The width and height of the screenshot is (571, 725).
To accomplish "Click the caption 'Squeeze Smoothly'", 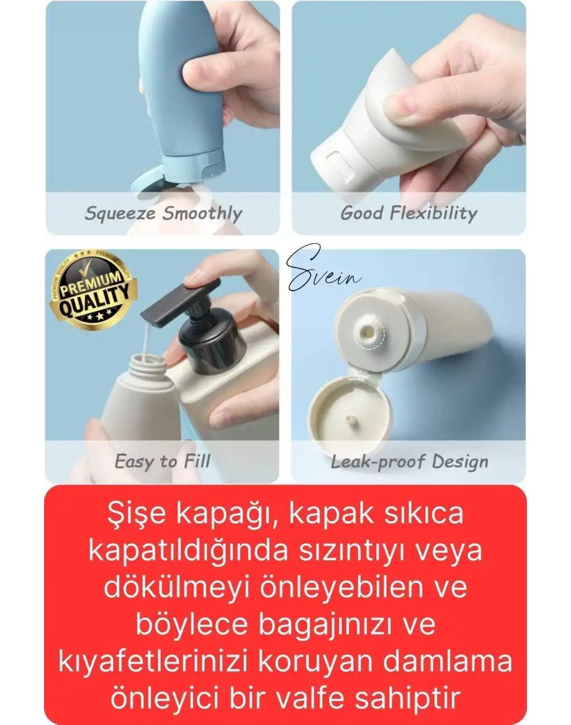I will pyautogui.click(x=163, y=213).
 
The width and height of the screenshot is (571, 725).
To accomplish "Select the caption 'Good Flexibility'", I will pyautogui.click(x=409, y=213).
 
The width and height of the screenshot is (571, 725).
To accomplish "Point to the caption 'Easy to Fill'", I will pyautogui.click(x=162, y=461).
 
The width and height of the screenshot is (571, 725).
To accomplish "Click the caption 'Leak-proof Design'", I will pyautogui.click(x=409, y=461).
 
